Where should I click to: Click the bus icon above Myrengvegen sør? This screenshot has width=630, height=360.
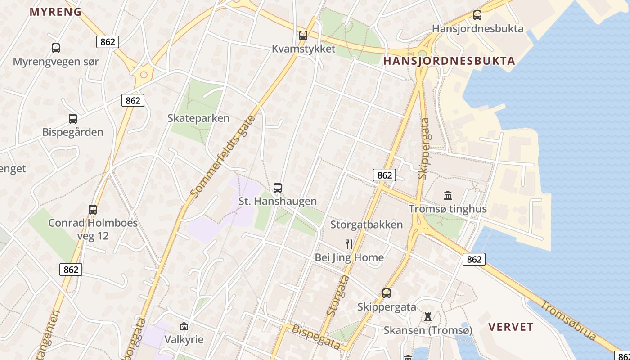(56, 48)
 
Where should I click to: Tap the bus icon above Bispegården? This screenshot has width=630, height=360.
(73, 119)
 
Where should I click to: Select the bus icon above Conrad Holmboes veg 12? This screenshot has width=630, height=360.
(93, 209)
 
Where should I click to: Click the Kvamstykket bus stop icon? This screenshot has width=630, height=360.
(303, 36)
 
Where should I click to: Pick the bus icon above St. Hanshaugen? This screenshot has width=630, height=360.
(278, 188)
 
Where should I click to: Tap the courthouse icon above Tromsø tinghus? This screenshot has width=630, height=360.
(448, 195)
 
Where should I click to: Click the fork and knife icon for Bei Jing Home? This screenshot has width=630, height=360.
(349, 244)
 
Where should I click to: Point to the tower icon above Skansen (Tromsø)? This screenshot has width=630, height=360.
(427, 317)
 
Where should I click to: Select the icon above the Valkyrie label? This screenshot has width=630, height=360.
(184, 326)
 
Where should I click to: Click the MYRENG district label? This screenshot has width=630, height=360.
(56, 12)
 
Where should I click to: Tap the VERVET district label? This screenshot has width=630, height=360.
(511, 327)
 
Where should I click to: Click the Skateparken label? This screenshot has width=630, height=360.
(198, 118)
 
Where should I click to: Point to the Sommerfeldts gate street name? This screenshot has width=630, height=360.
(223, 156)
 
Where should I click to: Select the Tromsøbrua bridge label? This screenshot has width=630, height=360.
(568, 320)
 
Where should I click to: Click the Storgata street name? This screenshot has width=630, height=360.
(337, 295)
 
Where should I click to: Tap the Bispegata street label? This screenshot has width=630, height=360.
(315, 336)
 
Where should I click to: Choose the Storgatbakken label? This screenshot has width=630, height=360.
(366, 225)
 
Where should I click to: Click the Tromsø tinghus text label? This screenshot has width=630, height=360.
(447, 209)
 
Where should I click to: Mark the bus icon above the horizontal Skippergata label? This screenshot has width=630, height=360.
(387, 293)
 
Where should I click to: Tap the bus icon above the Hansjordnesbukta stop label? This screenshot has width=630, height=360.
(477, 15)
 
